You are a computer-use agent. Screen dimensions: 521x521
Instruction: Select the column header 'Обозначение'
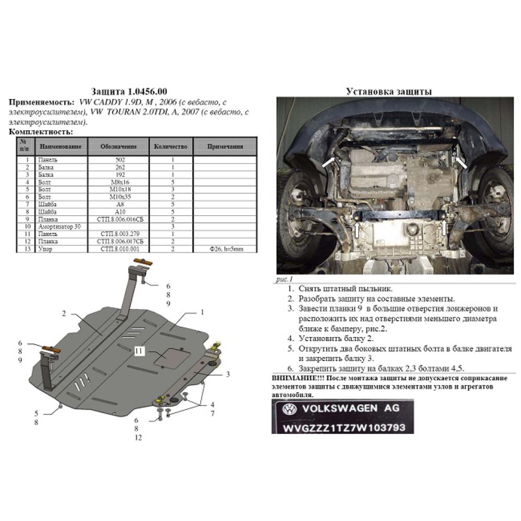pyautogui.click(x=118, y=147)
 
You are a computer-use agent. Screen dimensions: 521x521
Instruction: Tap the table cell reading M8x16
pyautogui.click(x=119, y=183)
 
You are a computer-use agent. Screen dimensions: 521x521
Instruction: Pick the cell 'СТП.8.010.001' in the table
pyautogui.click(x=119, y=249)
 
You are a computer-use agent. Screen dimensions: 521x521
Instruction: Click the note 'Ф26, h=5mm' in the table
pyautogui.click(x=225, y=249)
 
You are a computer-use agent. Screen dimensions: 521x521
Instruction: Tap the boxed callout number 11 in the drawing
pyautogui.click(x=140, y=352)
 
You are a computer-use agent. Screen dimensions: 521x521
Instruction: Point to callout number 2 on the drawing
pyautogui.click(x=64, y=314)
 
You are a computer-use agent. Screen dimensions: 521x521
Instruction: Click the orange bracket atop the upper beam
pyautogui.click(x=141, y=262)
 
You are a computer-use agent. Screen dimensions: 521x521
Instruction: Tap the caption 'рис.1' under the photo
pyautogui.click(x=282, y=280)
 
